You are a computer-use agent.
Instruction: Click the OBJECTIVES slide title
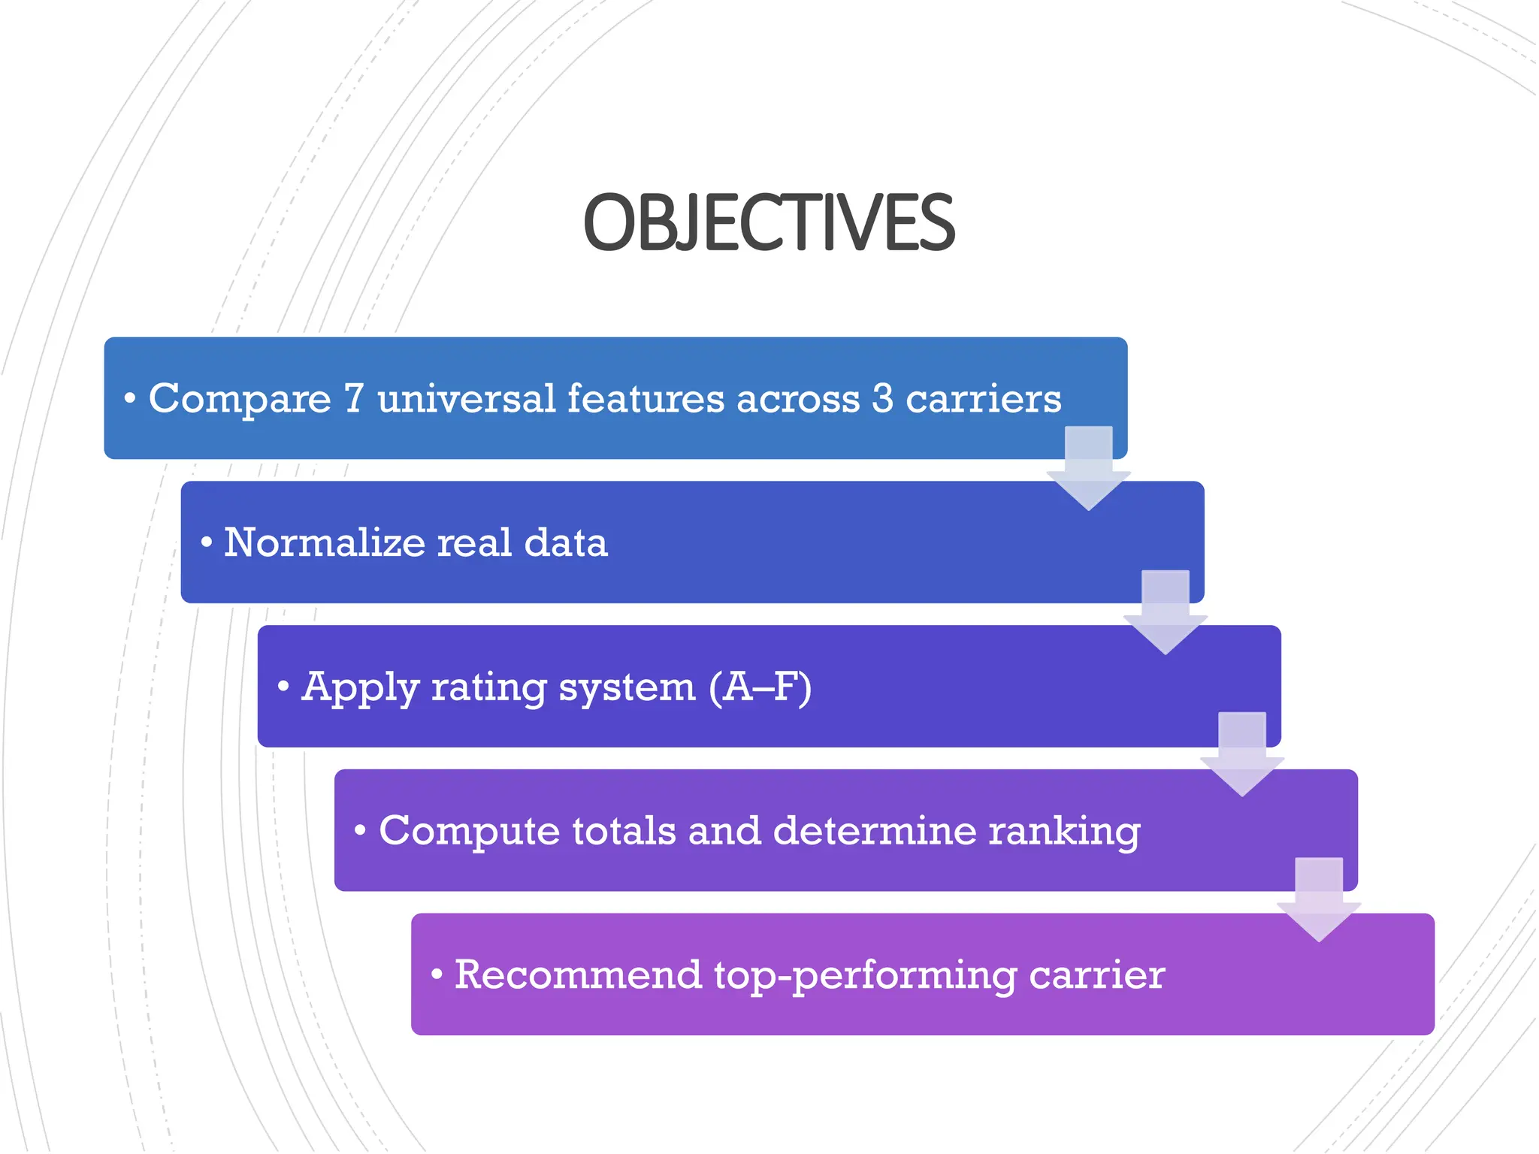(769, 222)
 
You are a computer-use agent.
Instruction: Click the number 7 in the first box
(354, 398)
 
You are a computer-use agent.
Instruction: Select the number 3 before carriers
(882, 398)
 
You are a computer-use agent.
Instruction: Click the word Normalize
(324, 542)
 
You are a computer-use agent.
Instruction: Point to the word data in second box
(565, 542)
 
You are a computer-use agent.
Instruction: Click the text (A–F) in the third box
(760, 687)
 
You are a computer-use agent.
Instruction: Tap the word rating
(488, 687)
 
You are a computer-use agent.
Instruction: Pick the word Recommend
(578, 974)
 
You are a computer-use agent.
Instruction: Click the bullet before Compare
(130, 399)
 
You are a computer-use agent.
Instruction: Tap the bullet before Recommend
(437, 974)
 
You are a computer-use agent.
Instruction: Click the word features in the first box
(646, 398)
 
